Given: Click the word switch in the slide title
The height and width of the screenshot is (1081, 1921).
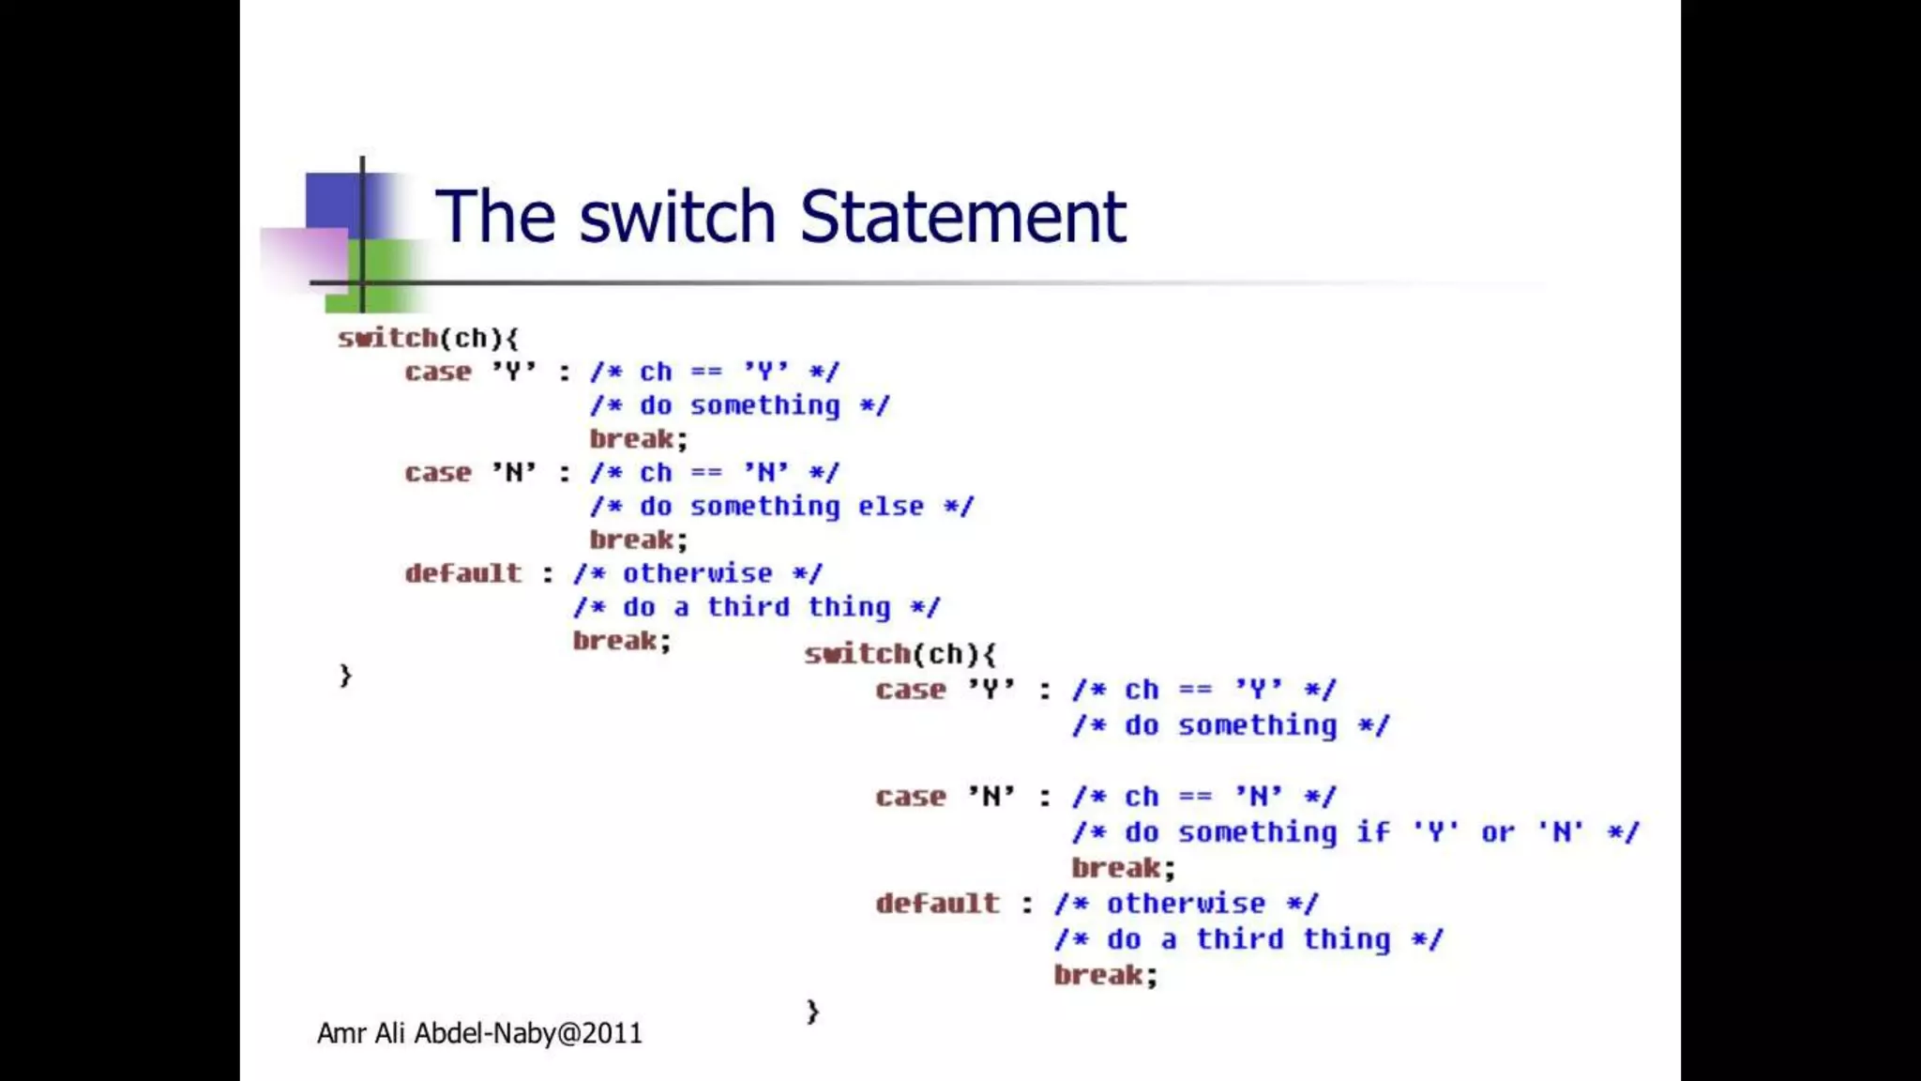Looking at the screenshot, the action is [677, 217].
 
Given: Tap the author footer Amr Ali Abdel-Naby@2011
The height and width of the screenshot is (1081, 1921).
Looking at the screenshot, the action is [479, 1033].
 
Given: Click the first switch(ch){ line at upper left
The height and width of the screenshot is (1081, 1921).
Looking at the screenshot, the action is [428, 338].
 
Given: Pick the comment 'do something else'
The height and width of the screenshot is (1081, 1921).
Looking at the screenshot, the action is [782, 507].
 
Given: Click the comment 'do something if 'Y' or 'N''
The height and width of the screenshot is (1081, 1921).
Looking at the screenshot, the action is [1355, 832].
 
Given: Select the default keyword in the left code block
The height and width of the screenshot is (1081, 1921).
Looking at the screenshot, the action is [463, 573].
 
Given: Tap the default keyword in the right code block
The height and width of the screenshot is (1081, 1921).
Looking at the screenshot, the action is [938, 904].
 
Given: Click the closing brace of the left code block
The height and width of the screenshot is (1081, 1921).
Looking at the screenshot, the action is [345, 676].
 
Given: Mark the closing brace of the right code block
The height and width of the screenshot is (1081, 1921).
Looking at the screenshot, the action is [812, 1012].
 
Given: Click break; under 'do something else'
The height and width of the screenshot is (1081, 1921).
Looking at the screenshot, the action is [639, 540].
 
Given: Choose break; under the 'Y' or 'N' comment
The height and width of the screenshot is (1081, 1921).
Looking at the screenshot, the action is [1123, 868].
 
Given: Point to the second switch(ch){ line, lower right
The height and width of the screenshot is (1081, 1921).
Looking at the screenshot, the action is [900, 654].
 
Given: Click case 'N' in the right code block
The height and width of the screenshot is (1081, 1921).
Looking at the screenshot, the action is [945, 797].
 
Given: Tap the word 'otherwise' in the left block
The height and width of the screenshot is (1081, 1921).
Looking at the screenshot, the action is [698, 573].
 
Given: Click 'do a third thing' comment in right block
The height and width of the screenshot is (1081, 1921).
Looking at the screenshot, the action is [1248, 939].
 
